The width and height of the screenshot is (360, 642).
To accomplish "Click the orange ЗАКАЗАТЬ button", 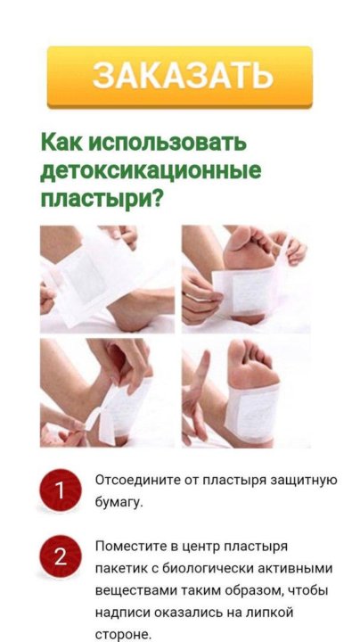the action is pyautogui.click(x=180, y=77).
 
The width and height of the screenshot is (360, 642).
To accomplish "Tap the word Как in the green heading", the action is pyautogui.click(x=61, y=143).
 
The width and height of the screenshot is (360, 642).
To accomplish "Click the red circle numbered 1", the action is pyautogui.click(x=60, y=490).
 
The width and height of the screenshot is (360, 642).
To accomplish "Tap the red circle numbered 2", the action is pyautogui.click(x=60, y=556).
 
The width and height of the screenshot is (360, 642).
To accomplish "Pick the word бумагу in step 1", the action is pyautogui.click(x=119, y=503).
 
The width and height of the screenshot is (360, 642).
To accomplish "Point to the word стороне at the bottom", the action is pyautogui.click(x=123, y=635).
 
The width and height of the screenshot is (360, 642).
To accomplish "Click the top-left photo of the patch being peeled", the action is pyautogui.click(x=107, y=278).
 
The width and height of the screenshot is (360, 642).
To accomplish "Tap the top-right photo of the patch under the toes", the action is pyautogui.click(x=246, y=278).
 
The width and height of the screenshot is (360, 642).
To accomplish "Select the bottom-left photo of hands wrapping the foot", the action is pyautogui.click(x=107, y=393).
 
